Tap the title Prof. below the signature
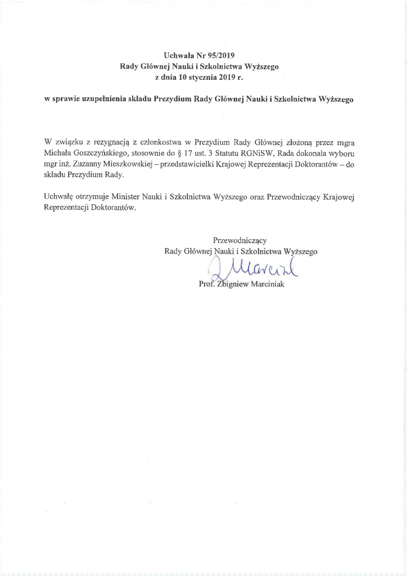tap(208, 284)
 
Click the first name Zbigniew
tap(234, 284)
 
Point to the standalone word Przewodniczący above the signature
tap(240, 240)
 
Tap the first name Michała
tap(56, 152)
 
